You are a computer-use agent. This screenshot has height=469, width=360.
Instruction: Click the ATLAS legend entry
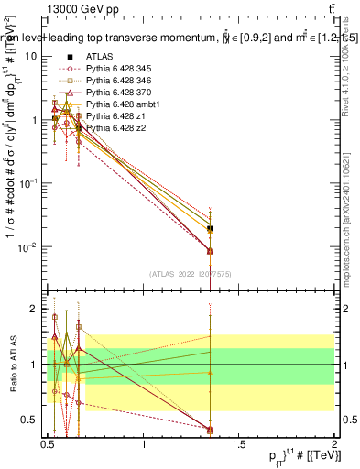coord(99,57)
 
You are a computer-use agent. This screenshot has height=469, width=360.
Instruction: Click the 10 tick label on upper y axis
coord(30,57)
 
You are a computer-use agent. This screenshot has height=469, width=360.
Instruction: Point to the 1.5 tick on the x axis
coord(239,445)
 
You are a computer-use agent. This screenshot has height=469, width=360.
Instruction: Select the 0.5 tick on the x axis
coord(49,445)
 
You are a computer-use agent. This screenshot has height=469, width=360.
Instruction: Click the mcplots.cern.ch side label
coord(350,220)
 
